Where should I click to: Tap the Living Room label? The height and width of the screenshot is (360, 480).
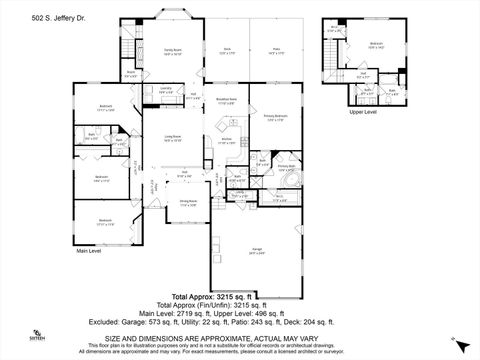click(173, 138)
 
